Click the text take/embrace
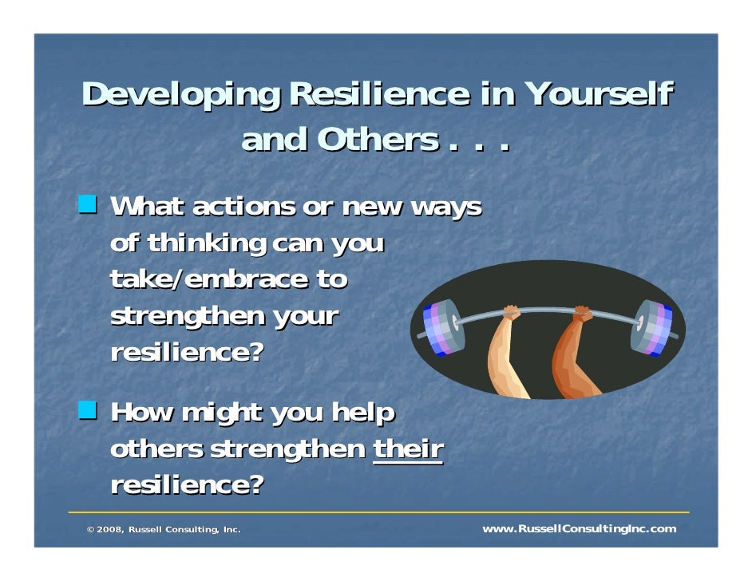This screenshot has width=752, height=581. pyautogui.click(x=208, y=279)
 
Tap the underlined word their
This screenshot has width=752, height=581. pyautogui.click(x=408, y=449)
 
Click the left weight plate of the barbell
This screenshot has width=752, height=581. pyautogui.click(x=442, y=326)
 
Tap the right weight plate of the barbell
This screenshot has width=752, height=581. pyautogui.click(x=651, y=327)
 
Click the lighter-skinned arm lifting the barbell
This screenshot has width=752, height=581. pyautogui.click(x=506, y=351)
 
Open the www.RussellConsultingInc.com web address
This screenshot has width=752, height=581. pyautogui.click(x=579, y=529)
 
